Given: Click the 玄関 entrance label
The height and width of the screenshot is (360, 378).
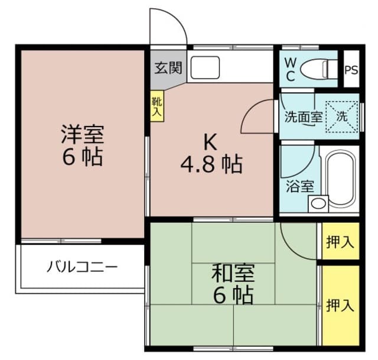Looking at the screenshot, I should click(168, 68).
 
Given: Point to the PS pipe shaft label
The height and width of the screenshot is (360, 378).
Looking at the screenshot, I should click(351, 69).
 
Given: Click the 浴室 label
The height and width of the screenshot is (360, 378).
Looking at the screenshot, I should click(299, 187).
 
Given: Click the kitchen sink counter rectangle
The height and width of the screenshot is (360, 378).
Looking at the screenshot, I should click(204, 67).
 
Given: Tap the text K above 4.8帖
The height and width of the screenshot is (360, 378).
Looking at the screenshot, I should click(210, 141).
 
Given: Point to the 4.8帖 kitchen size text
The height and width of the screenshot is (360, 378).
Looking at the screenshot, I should click(211, 165).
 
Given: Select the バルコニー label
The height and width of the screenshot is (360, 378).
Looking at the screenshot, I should click(82, 266).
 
